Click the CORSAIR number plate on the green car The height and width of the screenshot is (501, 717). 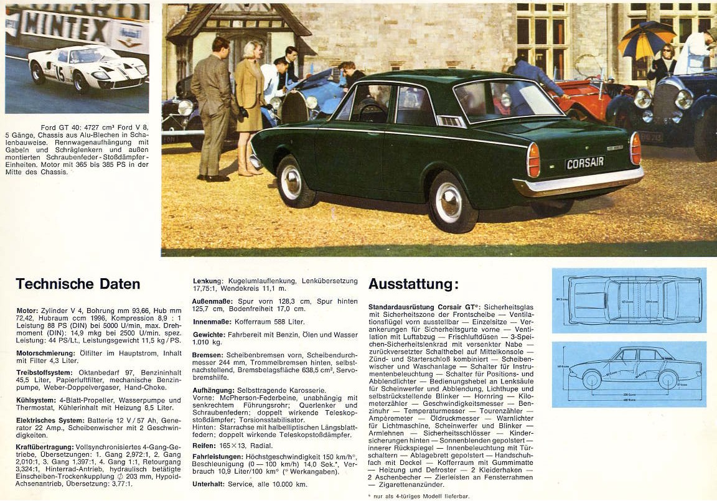[584, 163]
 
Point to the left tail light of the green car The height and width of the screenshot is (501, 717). [533, 160]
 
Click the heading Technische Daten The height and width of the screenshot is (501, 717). [78, 284]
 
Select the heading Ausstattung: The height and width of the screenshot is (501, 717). [413, 284]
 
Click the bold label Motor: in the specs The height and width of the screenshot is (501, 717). [27, 310]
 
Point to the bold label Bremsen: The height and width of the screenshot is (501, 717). [207, 355]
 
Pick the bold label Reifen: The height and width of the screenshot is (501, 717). [204, 445]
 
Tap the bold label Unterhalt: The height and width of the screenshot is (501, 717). [209, 484]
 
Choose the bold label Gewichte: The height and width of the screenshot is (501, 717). [209, 335]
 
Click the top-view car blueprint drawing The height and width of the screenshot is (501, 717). [629, 300]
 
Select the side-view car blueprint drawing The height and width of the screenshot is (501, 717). [629, 373]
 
